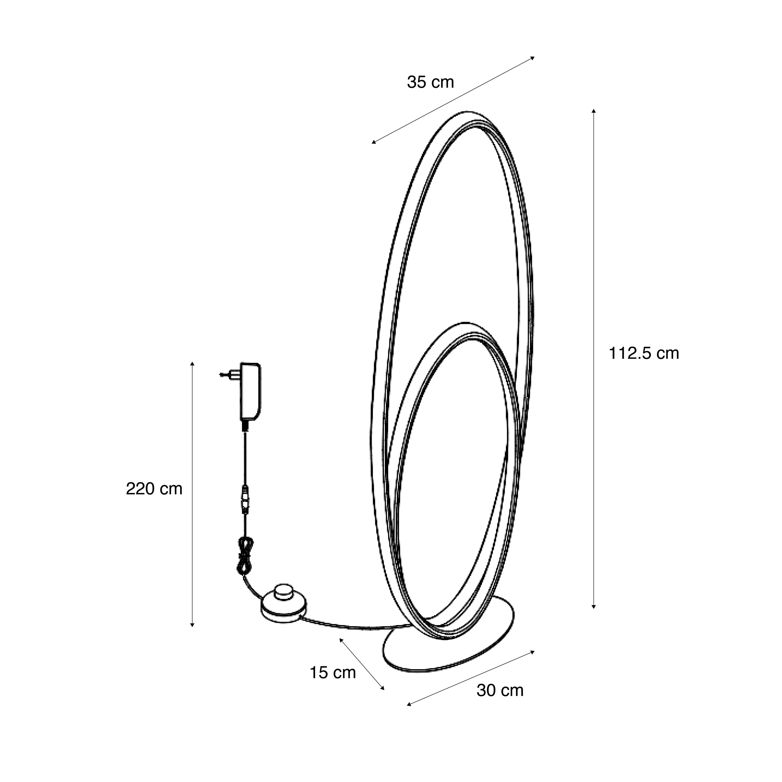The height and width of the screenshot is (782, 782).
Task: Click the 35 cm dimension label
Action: (430, 82)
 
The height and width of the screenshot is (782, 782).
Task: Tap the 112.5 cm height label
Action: (644, 353)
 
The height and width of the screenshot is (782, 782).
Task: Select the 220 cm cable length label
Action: (154, 489)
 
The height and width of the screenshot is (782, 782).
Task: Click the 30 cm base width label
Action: (500, 690)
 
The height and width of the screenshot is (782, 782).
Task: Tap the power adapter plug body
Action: (251, 392)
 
